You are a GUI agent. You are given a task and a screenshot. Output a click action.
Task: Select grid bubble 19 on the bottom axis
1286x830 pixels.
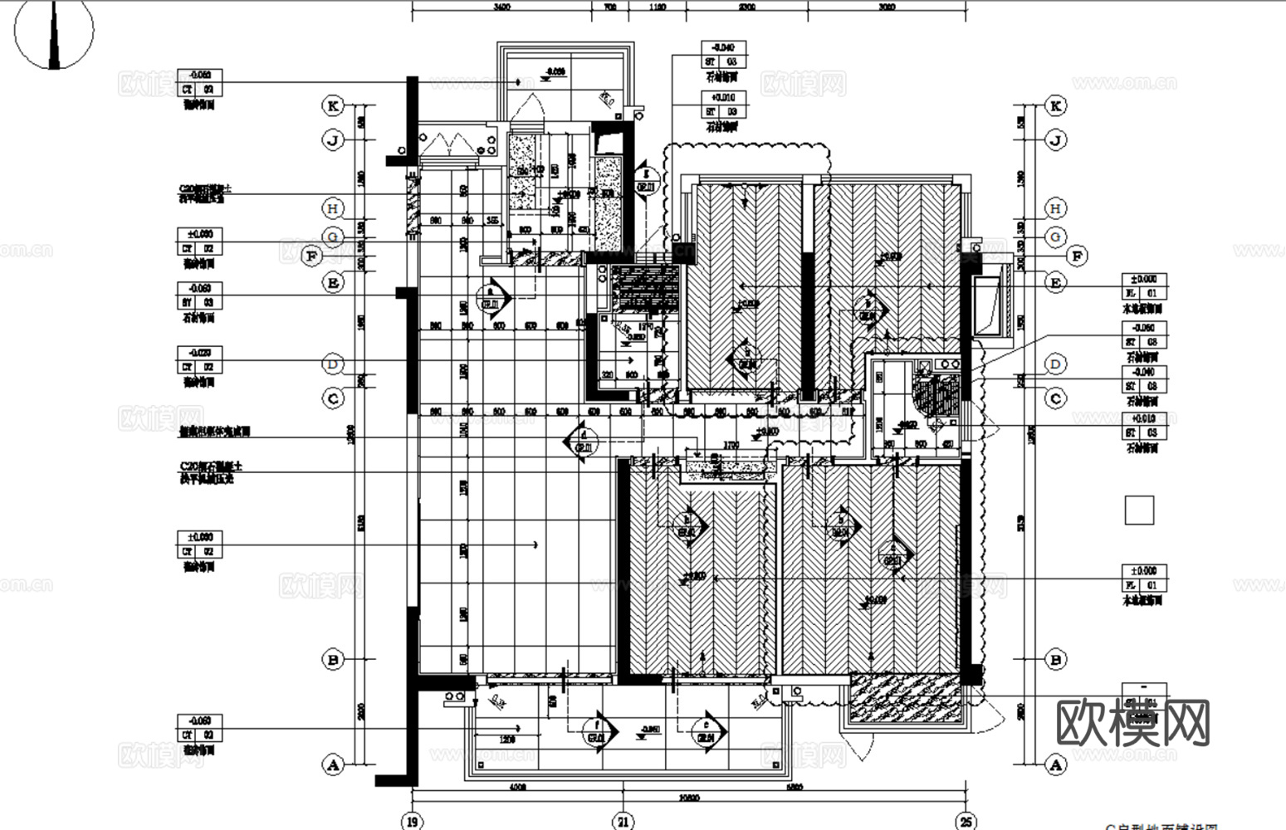point(412,821)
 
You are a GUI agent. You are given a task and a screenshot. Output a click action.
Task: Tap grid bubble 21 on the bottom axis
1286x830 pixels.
point(623,821)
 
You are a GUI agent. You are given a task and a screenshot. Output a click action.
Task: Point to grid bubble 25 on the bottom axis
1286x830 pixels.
point(965,821)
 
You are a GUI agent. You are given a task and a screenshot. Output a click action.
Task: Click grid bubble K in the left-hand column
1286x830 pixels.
point(333,106)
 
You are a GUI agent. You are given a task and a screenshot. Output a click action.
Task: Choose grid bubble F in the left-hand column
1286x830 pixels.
point(311,256)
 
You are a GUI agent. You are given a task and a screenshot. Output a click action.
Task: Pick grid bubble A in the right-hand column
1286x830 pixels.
point(1056,764)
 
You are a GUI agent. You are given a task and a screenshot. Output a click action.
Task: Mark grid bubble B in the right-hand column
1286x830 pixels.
point(1056,660)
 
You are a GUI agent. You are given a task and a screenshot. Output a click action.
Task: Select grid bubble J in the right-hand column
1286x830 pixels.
point(1056,140)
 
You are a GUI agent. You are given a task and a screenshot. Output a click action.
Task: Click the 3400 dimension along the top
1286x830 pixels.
point(501,7)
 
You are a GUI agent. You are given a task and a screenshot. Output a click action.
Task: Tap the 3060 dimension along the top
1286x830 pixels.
point(886,7)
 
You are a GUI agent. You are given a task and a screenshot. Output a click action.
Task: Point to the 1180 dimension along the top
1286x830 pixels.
point(657,7)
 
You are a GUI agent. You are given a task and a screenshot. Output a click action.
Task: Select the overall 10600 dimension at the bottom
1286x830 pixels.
point(687,798)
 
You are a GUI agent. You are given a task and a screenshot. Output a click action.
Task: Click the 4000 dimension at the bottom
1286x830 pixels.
point(517,787)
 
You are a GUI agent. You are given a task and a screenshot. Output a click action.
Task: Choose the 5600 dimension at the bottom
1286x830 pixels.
point(794,787)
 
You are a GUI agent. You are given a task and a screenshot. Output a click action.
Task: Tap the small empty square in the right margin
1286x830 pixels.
point(1139,510)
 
